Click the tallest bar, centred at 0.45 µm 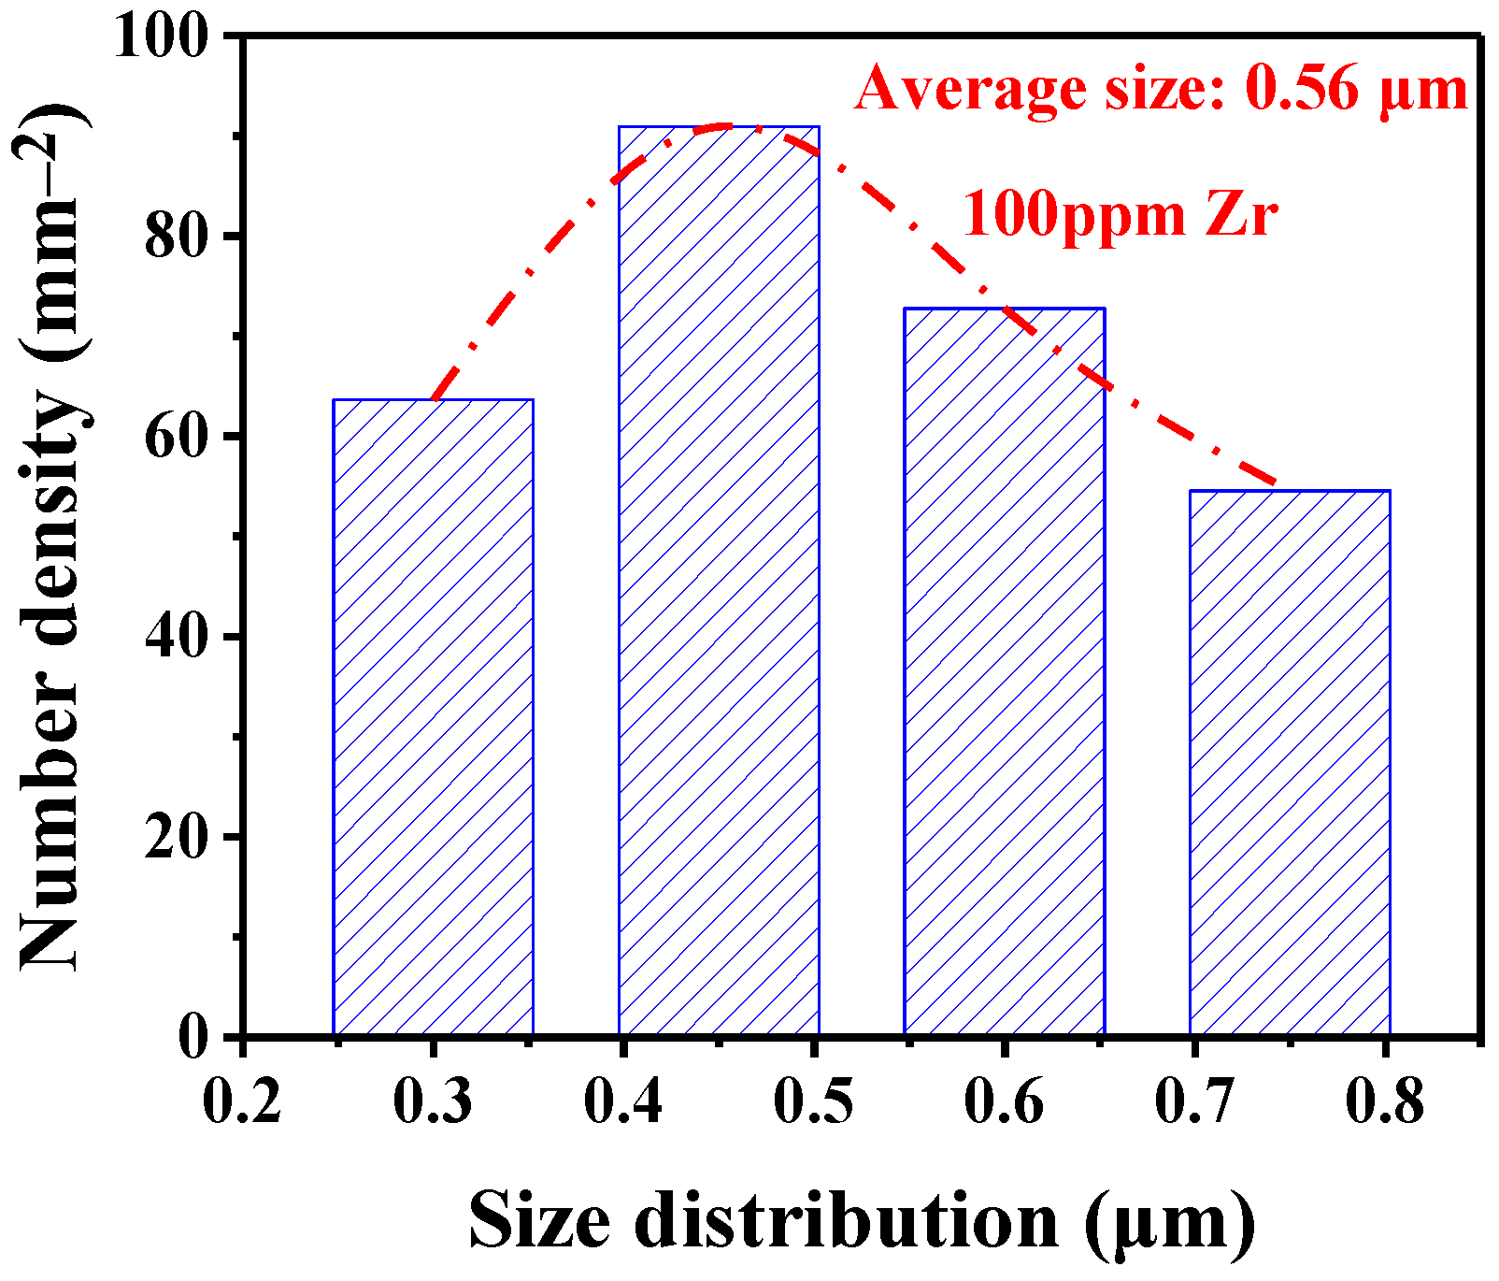coord(719,580)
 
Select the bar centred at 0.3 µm coord(433,716)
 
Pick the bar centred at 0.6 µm coord(1004,670)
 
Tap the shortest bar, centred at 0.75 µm coord(1290,762)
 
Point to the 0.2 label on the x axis coord(242,1101)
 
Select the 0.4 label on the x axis coord(623,1101)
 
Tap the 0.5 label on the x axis coord(813,1101)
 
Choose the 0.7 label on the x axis coord(1194,1101)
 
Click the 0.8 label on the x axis coord(1385,1101)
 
